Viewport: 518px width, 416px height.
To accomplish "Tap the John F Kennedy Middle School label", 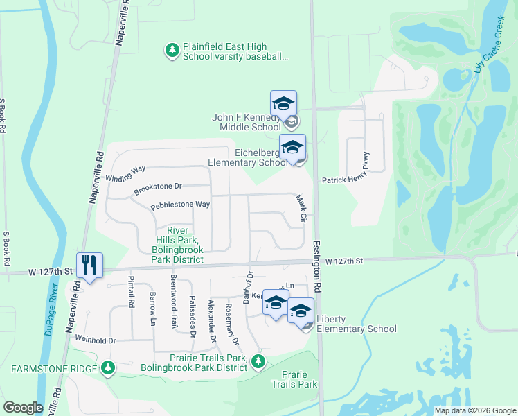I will pyautogui.click(x=247, y=122).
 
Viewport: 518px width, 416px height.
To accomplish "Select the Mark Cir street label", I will pyautogui.click(x=301, y=208).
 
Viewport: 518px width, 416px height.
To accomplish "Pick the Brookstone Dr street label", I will pyautogui.click(x=157, y=187).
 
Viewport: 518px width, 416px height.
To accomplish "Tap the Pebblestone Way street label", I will pyautogui.click(x=180, y=205).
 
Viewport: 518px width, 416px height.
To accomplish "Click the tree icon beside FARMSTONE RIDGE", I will pyautogui.click(x=107, y=367).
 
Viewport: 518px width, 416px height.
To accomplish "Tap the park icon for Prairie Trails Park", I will pyautogui.click(x=258, y=361).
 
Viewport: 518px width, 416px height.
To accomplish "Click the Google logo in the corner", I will pyautogui.click(x=23, y=407).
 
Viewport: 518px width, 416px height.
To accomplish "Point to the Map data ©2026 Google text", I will pyautogui.click(x=475, y=410).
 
